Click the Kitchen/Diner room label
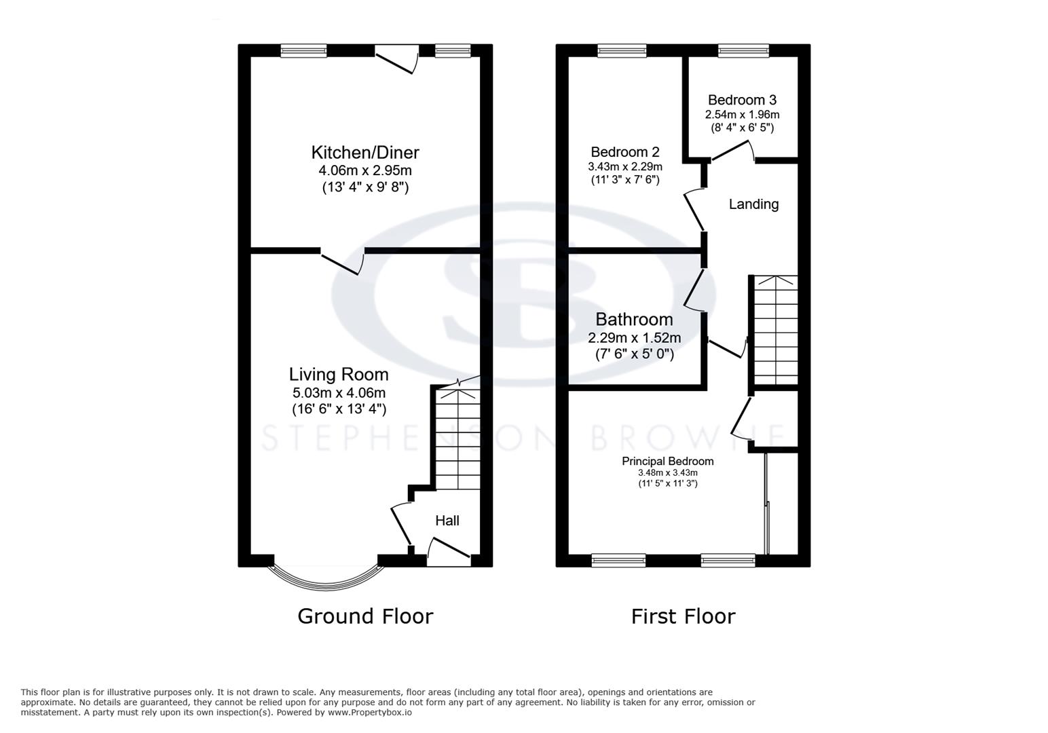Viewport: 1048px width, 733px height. click(365, 152)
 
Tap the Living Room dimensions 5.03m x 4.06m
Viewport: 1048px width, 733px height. click(339, 392)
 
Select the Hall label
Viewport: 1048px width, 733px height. click(447, 521)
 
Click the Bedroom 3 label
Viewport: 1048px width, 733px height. click(742, 100)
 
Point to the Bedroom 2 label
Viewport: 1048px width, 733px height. click(624, 152)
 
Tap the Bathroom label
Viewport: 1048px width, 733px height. click(634, 319)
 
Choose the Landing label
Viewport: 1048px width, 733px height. click(753, 204)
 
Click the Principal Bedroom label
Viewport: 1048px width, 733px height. click(668, 461)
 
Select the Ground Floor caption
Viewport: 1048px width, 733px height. click(365, 616)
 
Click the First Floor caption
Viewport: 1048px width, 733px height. click(683, 616)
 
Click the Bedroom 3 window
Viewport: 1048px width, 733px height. click(743, 50)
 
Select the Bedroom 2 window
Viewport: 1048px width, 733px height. click(622, 50)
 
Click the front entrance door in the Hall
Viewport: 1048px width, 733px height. click(448, 554)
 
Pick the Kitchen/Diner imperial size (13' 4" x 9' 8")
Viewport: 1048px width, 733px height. click(365, 187)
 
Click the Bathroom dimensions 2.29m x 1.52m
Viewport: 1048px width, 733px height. click(634, 337)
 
